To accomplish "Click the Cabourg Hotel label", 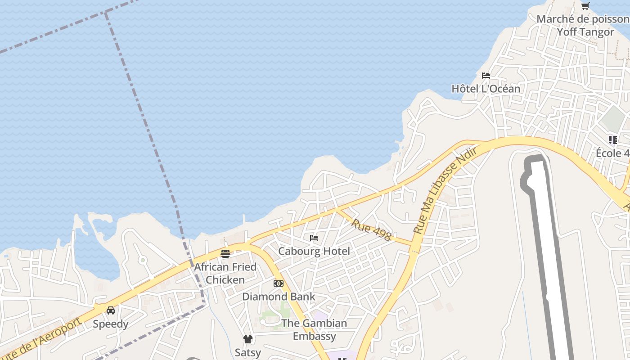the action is (x=314, y=251).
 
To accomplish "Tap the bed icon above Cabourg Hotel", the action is (x=314, y=238).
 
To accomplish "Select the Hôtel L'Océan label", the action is (x=486, y=89).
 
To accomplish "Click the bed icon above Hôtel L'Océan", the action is (x=486, y=75).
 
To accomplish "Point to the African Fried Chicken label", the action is (x=225, y=273).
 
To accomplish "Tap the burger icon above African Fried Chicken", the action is (x=225, y=254).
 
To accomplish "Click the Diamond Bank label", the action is (x=279, y=297).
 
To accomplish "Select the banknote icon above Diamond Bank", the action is (x=279, y=283).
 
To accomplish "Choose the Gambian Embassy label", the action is (x=314, y=329).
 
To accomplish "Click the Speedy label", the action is (x=111, y=324).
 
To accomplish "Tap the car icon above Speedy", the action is (x=111, y=310).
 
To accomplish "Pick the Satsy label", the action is (x=247, y=352).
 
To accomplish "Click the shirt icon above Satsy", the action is (x=247, y=339).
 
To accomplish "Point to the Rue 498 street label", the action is (x=371, y=229).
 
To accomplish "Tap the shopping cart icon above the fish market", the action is (x=585, y=6).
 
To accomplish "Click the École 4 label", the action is (x=612, y=153).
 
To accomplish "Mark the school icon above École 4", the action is (x=612, y=140).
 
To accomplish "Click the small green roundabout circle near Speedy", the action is (x=143, y=260).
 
